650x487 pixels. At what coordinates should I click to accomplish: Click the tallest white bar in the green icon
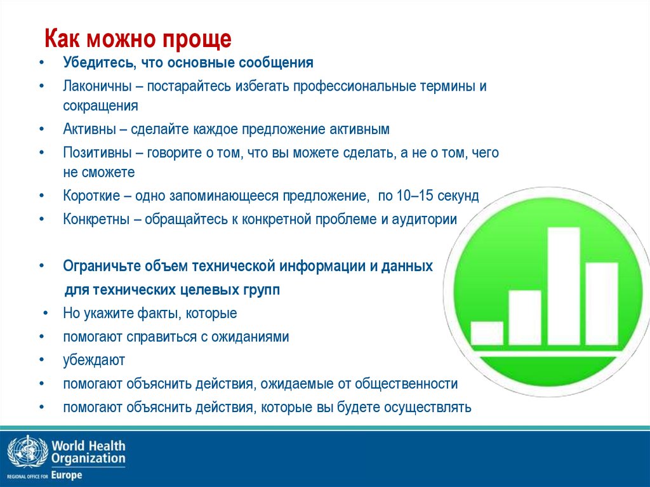[563, 286]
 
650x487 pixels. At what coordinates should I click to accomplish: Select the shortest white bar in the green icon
[487, 333]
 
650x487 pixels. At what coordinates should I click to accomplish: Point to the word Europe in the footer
[67, 475]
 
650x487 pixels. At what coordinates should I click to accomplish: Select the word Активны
[89, 130]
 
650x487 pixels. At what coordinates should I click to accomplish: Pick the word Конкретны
[93, 220]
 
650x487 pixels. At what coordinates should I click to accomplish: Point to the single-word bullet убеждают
[93, 360]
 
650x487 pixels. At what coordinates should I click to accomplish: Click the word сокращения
[100, 105]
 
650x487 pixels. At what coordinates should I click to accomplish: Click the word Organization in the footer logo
[88, 458]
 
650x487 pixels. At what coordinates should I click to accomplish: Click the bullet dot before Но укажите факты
[46, 314]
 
